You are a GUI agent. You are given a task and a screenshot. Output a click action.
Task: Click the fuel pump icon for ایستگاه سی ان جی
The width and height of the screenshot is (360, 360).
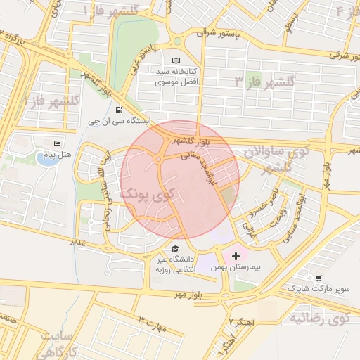(x=117, y=110)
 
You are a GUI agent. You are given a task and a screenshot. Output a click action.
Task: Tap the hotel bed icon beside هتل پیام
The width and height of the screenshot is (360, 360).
(x=57, y=144)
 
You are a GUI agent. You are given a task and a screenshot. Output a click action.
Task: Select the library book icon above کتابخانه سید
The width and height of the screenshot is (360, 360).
(x=176, y=60)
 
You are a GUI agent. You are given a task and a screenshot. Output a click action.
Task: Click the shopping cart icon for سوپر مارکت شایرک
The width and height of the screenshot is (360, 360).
(x=319, y=278)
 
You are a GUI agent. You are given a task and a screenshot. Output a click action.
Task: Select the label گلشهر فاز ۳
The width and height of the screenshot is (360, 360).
(x=264, y=82)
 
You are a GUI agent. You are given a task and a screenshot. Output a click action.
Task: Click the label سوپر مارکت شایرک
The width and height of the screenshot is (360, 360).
(x=316, y=290)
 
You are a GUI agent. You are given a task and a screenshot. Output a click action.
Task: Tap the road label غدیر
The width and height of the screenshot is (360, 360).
(x=77, y=241)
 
